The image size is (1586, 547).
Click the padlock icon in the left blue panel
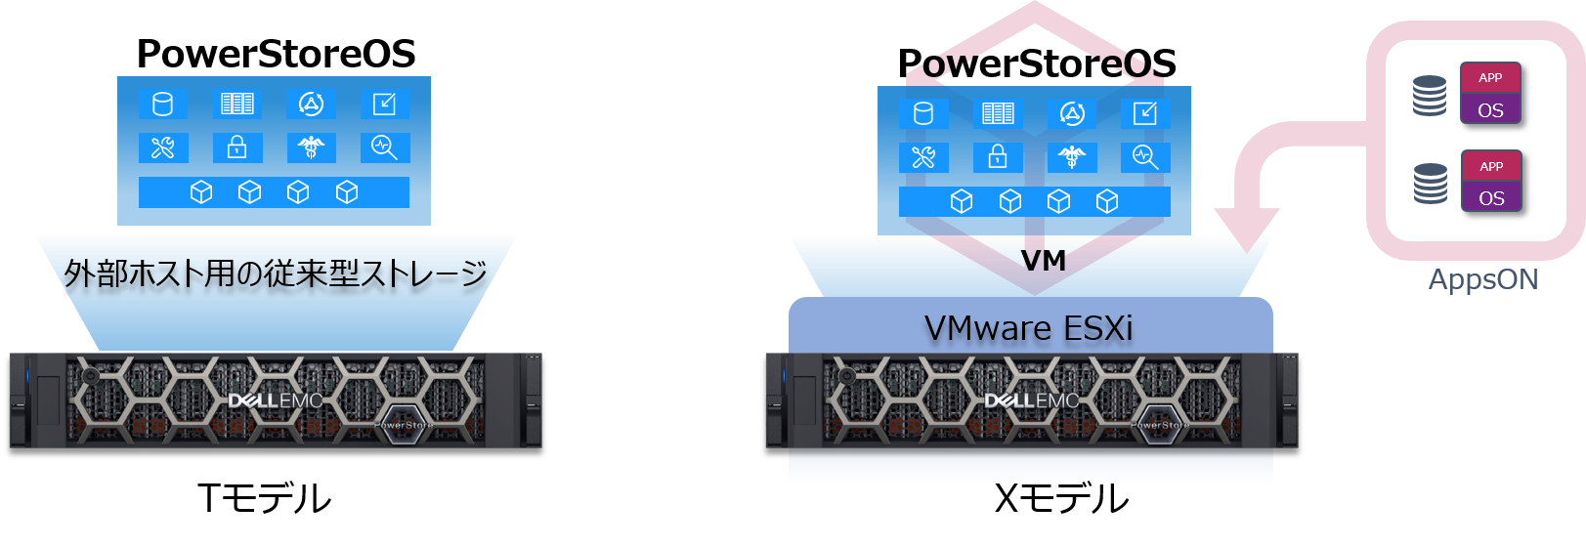coord(236,147)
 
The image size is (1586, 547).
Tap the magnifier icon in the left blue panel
coord(384,147)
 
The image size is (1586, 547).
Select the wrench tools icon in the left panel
coord(162,147)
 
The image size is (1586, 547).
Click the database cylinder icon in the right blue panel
coord(923,113)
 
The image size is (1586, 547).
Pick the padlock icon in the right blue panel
coord(998,156)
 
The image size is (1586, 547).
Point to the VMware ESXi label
coord(1029,328)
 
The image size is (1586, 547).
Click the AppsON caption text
coord(1482,279)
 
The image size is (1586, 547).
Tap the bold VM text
coord(1043,261)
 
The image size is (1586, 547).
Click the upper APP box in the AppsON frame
coord(1490,77)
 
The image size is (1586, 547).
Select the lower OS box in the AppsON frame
coord(1491,197)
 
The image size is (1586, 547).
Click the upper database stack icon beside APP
coord(1430,96)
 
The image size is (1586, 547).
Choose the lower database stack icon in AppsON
coord(1431,184)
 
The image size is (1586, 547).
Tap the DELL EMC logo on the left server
coord(276,400)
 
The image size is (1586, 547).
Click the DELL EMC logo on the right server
coord(1032,400)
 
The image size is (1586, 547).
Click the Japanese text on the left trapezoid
coord(276,273)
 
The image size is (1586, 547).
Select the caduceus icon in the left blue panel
coord(311,147)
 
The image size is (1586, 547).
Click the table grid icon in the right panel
coord(998,113)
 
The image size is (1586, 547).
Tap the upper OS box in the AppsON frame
coord(1490,109)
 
